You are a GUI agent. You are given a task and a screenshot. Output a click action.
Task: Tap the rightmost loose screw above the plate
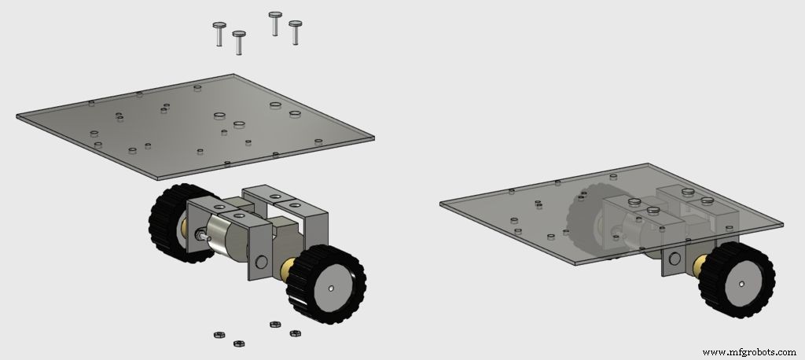[x=296, y=32]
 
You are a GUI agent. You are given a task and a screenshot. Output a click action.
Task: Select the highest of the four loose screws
[x=275, y=22]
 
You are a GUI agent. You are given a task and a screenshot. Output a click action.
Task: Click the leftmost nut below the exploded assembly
[x=219, y=335]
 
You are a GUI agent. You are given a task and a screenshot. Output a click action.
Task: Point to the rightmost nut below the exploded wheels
[x=296, y=333]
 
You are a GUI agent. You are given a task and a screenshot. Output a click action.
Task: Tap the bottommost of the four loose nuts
[x=238, y=342]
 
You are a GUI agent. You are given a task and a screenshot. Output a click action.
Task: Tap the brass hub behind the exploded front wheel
[x=285, y=266]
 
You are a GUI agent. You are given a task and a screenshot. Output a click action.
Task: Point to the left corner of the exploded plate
[x=18, y=117]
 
